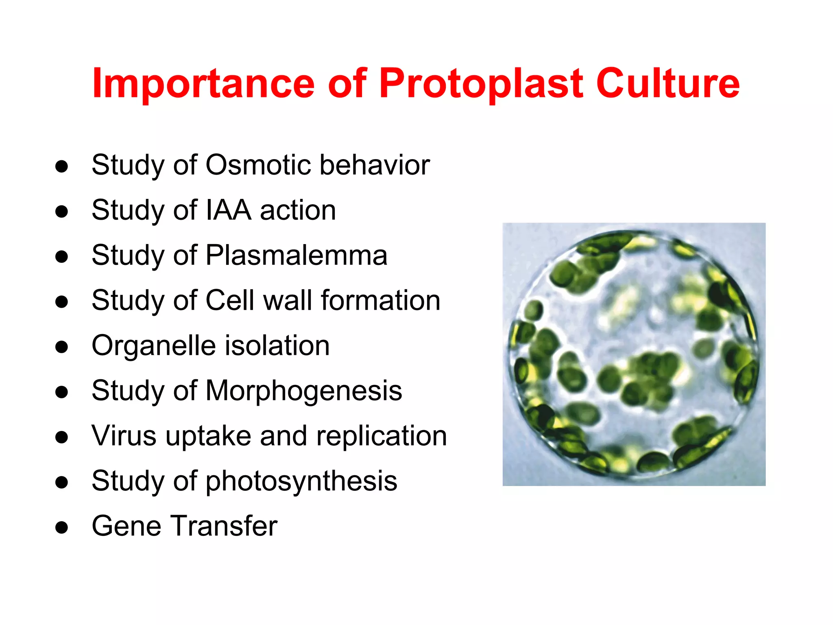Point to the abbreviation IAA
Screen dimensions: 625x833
tap(229, 210)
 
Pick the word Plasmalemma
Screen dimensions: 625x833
tap(296, 256)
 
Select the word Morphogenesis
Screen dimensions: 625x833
tap(304, 391)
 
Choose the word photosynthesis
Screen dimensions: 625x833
tap(301, 481)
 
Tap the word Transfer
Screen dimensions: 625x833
tap(225, 526)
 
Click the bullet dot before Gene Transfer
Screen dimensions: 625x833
tap(61, 528)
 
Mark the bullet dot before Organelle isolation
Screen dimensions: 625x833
tap(61, 347)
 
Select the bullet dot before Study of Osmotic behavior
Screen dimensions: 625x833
tap(61, 166)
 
